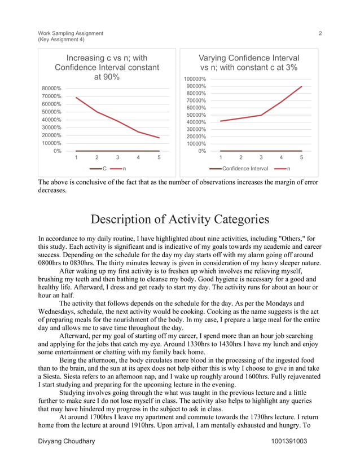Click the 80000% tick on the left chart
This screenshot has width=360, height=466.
point(51,89)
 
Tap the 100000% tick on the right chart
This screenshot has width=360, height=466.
point(195,79)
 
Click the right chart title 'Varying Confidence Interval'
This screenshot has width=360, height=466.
point(248,58)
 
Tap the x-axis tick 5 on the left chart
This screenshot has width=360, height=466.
point(159,158)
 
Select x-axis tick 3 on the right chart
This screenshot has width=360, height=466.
point(261,158)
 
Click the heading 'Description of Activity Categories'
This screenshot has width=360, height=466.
point(180,219)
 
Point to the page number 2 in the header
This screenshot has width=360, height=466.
point(320,33)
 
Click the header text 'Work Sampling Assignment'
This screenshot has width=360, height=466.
point(71,33)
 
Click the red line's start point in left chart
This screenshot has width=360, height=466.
point(76,98)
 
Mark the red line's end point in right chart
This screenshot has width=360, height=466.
point(301,86)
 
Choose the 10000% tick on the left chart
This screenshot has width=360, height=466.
point(51,143)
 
